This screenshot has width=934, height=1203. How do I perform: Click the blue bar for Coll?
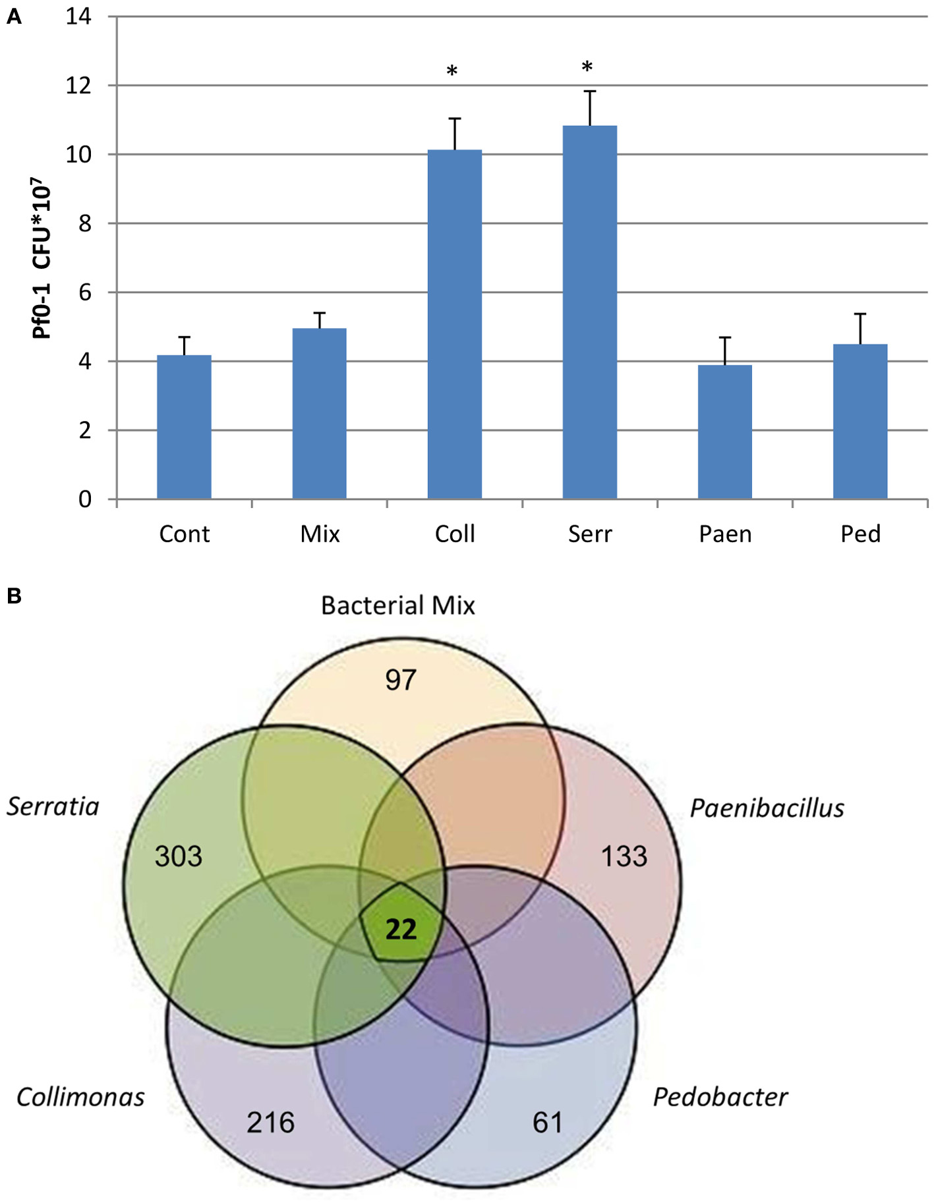454,323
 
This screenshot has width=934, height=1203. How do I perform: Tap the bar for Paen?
724,432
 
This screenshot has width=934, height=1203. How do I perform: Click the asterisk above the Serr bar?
587,67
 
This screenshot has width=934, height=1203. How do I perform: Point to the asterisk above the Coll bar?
452,71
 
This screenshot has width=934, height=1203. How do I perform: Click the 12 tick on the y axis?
78,86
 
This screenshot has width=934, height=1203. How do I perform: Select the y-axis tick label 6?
84,293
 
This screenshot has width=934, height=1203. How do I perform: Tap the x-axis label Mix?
320,534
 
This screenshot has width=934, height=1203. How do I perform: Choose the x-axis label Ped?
860,534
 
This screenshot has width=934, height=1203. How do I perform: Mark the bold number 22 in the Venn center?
401,930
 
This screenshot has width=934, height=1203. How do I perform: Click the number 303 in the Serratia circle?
178,856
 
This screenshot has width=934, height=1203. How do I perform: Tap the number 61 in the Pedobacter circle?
548,1123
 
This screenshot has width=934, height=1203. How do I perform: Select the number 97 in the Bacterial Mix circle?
401,680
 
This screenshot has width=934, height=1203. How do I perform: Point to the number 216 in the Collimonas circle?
270,1123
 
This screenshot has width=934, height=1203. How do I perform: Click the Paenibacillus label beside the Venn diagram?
767,808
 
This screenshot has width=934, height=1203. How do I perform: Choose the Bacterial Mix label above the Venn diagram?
397,605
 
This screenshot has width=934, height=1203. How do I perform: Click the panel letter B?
14,596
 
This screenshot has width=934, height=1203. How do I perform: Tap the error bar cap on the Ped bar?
860,314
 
